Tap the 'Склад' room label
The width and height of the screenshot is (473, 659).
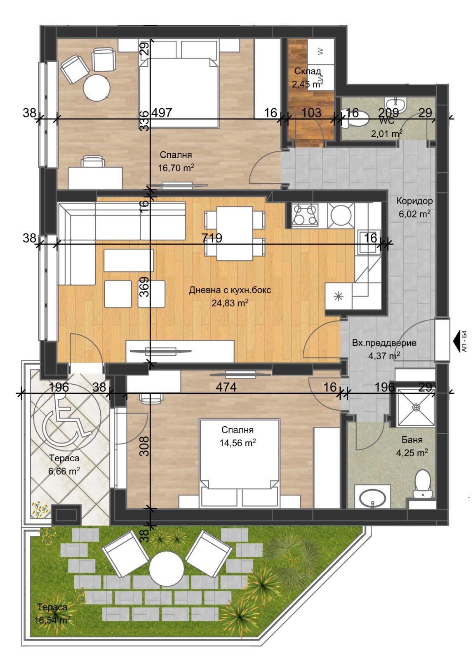point(308,71)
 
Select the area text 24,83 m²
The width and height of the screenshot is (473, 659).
point(230,303)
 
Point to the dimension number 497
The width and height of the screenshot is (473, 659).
point(161,113)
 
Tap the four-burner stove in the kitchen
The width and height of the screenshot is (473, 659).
point(305,215)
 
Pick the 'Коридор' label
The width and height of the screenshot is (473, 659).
point(414,201)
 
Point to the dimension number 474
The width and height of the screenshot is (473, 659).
point(226,387)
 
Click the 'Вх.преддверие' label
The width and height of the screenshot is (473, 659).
point(384,343)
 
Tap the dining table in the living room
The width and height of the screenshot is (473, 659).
point(235,233)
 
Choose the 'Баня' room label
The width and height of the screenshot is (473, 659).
point(412,440)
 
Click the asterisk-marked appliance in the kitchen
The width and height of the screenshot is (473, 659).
point(338,297)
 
